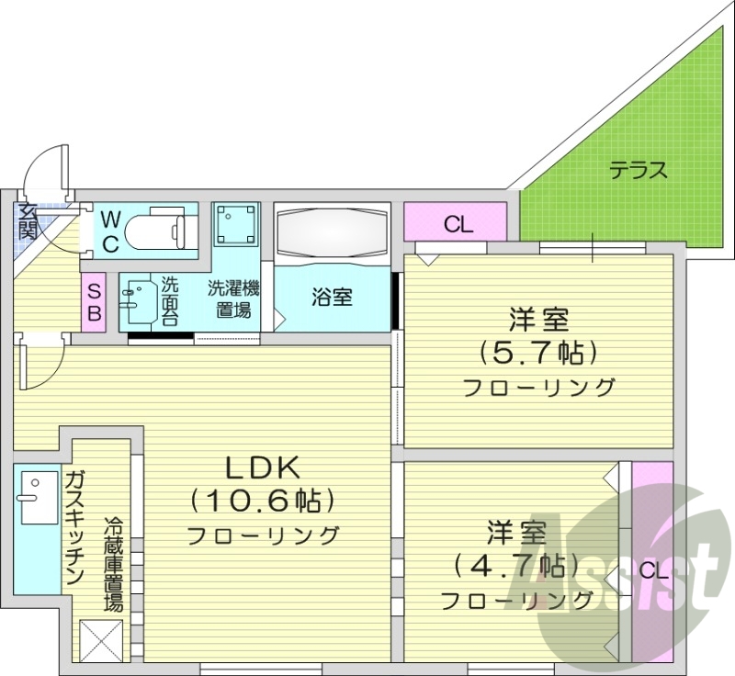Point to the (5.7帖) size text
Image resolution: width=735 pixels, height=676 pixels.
tap(538, 353)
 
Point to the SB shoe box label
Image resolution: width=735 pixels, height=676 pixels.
tap(95, 301)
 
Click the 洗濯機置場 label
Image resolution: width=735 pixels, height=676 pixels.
tap(233, 299)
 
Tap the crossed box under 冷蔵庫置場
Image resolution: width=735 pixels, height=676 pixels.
tap(100, 637)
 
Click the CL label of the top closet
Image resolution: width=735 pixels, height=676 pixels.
tap(457, 223)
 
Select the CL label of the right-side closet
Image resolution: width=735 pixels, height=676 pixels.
tap(652, 570)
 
